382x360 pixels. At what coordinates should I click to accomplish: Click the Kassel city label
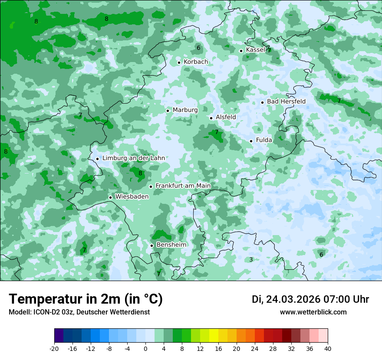[255, 50]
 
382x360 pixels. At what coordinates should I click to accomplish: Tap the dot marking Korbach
[179, 62]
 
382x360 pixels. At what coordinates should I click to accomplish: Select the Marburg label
[185, 110]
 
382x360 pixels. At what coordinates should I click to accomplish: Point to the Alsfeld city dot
[211, 118]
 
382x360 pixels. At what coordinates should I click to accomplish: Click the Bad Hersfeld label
[286, 101]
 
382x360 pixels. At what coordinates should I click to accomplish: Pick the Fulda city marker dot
[251, 141]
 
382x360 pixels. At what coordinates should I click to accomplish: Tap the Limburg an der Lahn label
[133, 158]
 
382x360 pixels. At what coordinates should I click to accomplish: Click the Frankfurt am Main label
[183, 186]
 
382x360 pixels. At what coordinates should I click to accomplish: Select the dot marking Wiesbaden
[111, 197]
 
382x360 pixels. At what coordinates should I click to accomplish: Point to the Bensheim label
[171, 245]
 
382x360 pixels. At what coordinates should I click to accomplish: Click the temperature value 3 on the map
[251, 260]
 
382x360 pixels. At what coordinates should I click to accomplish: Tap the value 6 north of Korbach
[198, 48]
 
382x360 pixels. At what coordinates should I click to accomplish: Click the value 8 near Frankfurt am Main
[140, 173]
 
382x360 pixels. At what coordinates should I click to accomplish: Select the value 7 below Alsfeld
[217, 132]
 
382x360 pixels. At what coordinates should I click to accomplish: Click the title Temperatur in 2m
[86, 299]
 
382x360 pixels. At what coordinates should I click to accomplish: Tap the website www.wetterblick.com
[313, 312]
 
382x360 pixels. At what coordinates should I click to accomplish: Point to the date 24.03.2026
[293, 300]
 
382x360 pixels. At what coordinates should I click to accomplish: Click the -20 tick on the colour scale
[54, 349]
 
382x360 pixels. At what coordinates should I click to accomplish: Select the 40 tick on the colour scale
[328, 349]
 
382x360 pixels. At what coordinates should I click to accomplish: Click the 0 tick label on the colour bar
[145, 349]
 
